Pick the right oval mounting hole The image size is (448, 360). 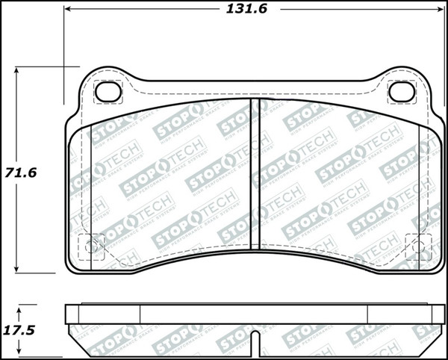[x=402, y=92]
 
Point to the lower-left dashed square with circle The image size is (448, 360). [x=92, y=246]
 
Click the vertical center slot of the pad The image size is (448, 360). [x=255, y=176]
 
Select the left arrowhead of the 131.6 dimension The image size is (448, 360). [x=69, y=10]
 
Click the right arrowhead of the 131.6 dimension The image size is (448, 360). [x=440, y=10]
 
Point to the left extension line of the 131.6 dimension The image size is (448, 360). [x=63, y=37]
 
